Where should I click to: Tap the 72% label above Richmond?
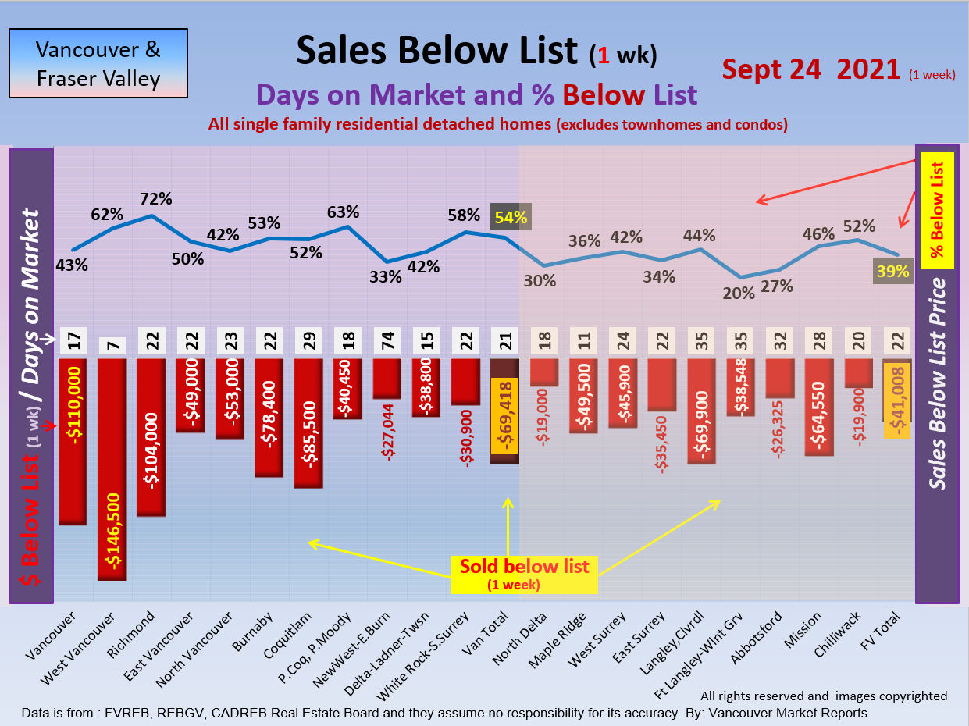(155, 198)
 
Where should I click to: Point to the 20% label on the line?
(739, 293)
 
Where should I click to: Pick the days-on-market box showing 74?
(386, 342)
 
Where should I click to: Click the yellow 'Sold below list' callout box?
(524, 574)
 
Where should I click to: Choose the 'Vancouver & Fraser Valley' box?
(98, 63)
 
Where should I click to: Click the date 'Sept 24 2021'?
(810, 69)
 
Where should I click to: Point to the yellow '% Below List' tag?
(938, 210)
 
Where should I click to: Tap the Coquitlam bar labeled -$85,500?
(308, 422)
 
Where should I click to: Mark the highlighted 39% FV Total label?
(892, 271)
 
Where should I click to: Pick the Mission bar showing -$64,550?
(818, 406)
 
